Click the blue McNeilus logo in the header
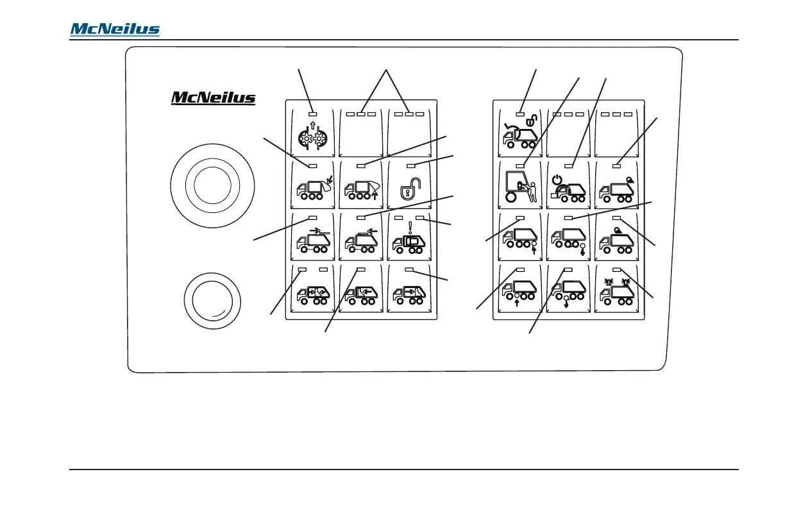(115, 30)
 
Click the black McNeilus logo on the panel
(214, 97)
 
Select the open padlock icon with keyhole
(410, 190)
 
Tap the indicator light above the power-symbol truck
(568, 166)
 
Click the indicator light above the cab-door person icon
(520, 166)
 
